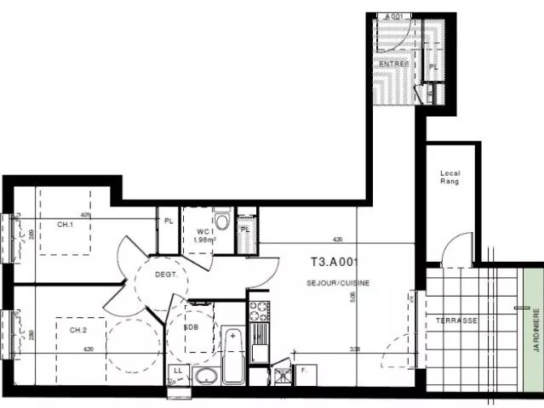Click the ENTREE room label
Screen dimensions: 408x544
[x=393, y=64]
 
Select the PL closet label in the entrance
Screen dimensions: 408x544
[x=433, y=66]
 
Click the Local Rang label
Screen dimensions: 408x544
[x=450, y=177]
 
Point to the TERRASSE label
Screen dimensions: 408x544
[x=456, y=320]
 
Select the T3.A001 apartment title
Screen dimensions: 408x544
[x=334, y=263]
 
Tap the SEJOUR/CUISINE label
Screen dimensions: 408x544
[x=338, y=282]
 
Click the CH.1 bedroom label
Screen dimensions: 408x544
[x=65, y=224]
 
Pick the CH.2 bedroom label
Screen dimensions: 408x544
[x=78, y=330]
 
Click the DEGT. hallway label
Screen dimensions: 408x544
[x=165, y=275]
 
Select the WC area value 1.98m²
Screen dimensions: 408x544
[x=204, y=240]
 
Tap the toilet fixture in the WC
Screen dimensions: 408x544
[x=221, y=221]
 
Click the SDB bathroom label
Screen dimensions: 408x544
[x=193, y=326]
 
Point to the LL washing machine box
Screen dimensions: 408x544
[x=178, y=372]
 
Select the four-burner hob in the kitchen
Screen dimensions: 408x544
[x=259, y=309]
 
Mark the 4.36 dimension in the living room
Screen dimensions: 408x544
[x=337, y=239]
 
